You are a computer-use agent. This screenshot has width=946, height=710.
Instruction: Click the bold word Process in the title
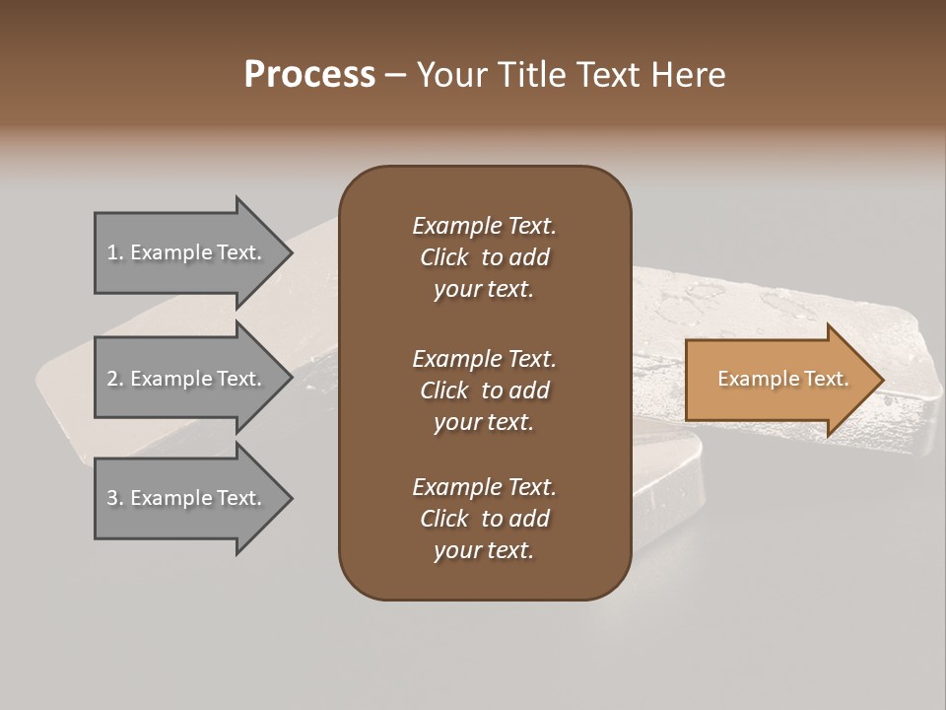(309, 75)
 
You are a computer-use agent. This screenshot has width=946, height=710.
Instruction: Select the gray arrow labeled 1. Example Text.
(187, 252)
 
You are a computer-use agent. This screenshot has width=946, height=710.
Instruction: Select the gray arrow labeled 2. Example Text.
(187, 379)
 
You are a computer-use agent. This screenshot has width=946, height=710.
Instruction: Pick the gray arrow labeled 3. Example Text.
(187, 498)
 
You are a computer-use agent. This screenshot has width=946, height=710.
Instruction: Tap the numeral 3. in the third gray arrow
(115, 499)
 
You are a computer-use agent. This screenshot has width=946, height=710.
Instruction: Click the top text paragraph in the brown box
(484, 257)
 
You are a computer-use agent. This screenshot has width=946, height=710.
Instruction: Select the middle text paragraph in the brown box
(484, 390)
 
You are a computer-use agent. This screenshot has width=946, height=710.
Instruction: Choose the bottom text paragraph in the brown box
(484, 519)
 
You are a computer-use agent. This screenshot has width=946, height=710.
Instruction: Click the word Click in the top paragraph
(444, 257)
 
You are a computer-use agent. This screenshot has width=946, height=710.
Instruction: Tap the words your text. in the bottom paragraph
(484, 550)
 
